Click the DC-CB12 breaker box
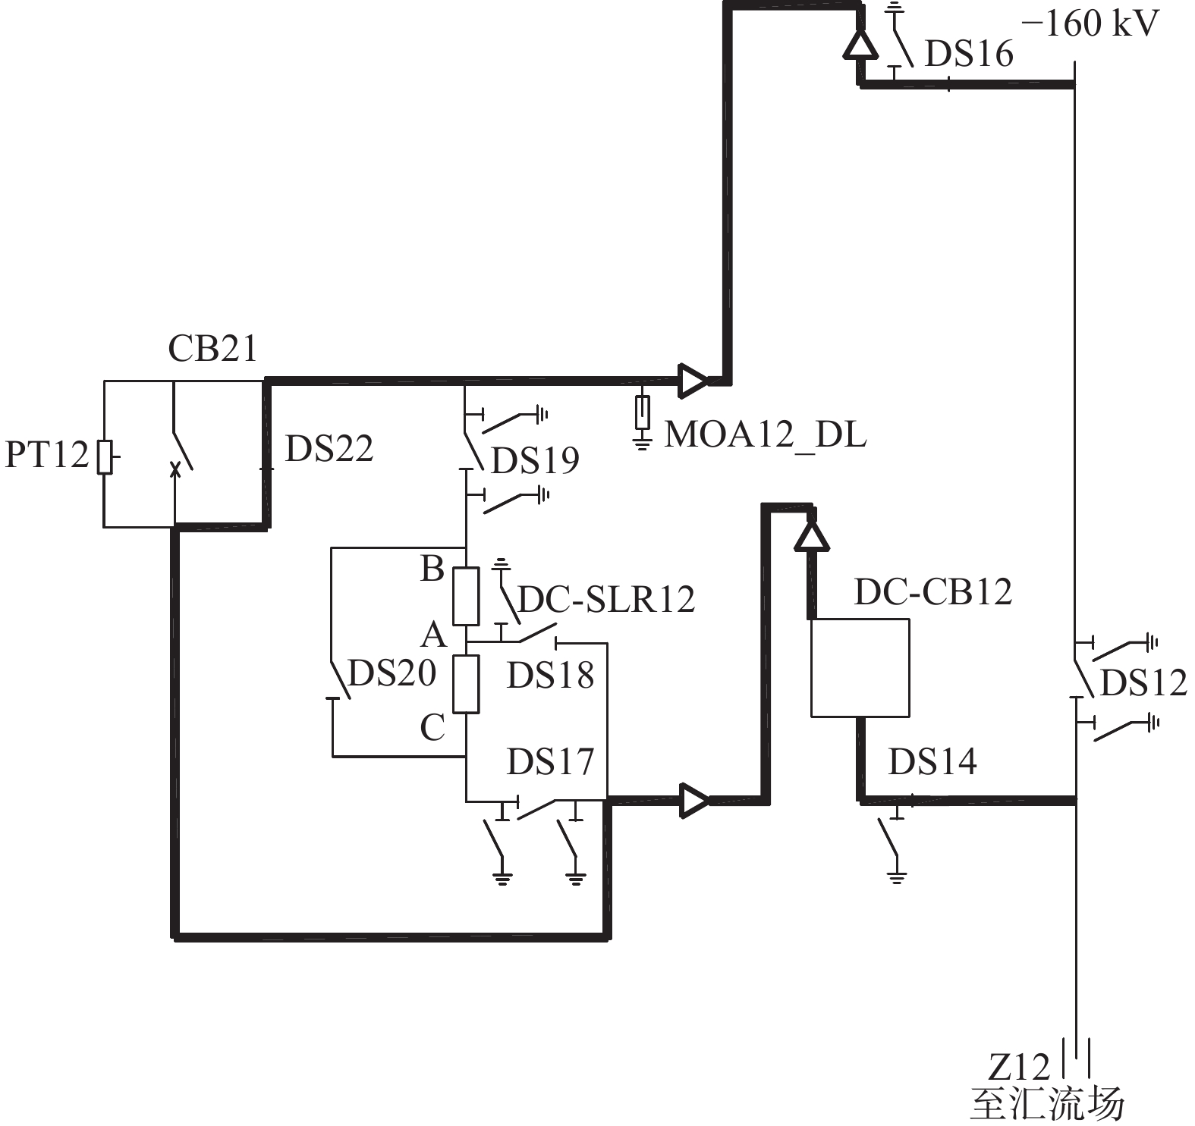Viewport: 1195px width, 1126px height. pos(860,667)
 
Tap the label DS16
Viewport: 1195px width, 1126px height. pos(969,54)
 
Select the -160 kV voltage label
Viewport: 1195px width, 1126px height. pos(1090,24)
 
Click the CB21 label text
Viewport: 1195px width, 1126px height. pos(212,349)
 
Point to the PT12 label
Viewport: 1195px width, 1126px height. pos(47,454)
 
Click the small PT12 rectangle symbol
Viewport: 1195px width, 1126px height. pos(105,456)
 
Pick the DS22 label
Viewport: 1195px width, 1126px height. pos(329,448)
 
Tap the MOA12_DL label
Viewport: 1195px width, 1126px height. pos(766,435)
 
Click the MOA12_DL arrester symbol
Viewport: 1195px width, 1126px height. pos(643,422)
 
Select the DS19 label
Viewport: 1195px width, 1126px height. pos(535,460)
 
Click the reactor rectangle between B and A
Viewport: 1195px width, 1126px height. pos(466,596)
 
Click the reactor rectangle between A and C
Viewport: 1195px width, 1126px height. pos(466,684)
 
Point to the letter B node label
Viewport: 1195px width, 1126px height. pos(432,569)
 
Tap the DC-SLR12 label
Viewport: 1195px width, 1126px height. pos(606,599)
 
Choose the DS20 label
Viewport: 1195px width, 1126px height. pos(392,673)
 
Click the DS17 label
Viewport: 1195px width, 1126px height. pos(550,761)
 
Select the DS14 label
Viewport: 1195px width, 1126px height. pos(932,761)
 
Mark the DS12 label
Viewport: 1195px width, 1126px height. pos(1143,682)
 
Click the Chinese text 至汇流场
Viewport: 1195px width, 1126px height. pos(1047,1104)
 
